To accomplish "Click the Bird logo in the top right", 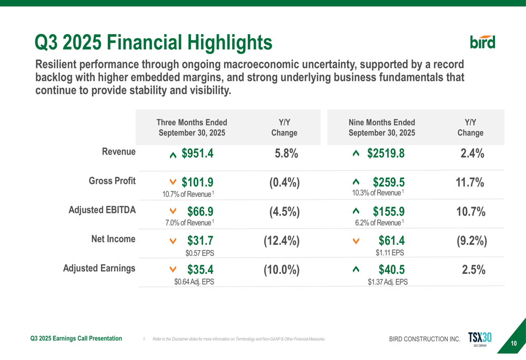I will tap(482, 42).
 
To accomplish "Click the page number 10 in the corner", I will tap(514, 344).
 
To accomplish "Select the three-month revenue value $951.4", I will tap(197, 153).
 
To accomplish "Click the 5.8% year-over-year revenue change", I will tap(287, 153).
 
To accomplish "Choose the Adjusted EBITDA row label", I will tap(103, 210).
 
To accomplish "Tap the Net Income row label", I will tap(113, 239).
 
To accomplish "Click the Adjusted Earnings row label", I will tap(99, 268).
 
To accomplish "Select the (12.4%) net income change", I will tap(281, 241).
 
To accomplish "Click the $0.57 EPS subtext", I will tap(199, 252).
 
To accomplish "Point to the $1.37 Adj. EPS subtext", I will tap(388, 282).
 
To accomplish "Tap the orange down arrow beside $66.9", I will tap(173, 211).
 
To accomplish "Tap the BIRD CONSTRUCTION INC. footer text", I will tap(424, 339).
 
